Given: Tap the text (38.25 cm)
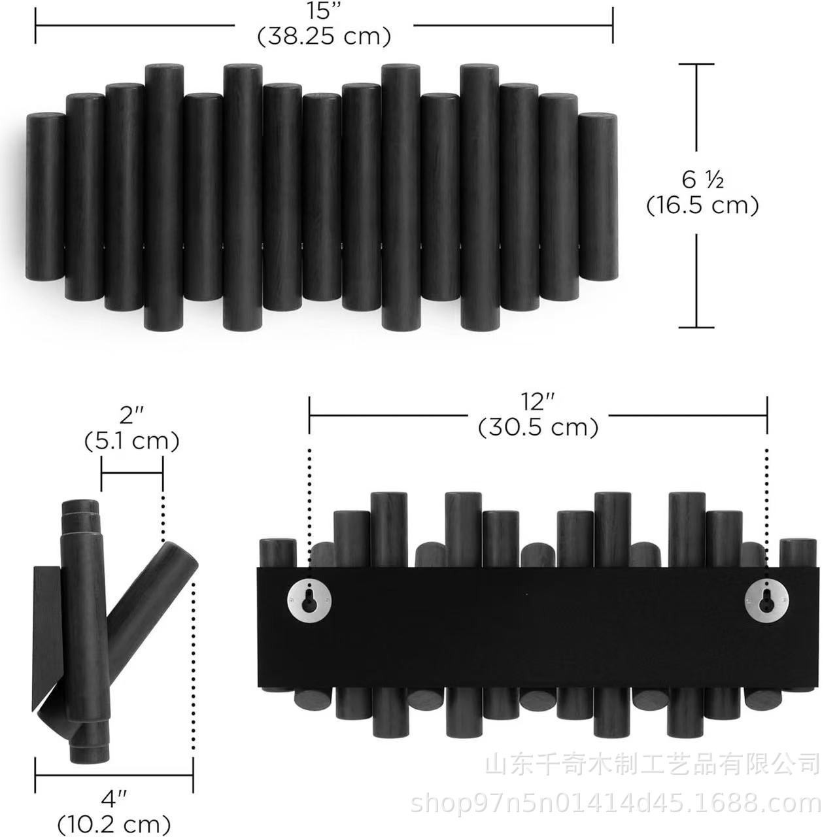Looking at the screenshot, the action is (x=324, y=37).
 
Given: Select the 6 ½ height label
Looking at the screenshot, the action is (x=702, y=180).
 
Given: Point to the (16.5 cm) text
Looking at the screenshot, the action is (x=702, y=205).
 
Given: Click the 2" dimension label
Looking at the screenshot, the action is (x=132, y=416).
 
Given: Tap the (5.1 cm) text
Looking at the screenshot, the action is (x=131, y=442).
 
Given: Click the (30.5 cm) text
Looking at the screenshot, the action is (x=538, y=428).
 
